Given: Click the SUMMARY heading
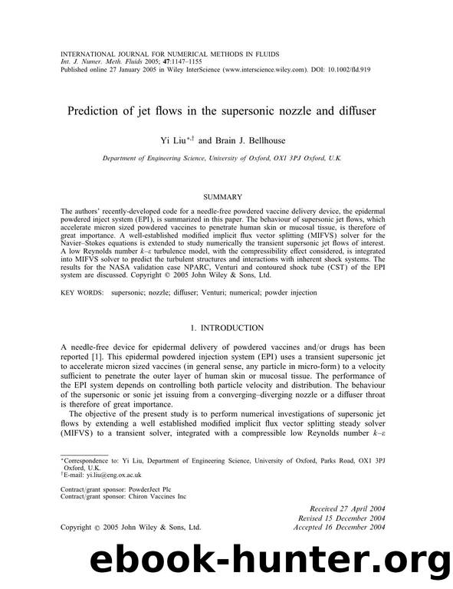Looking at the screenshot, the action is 226,197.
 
